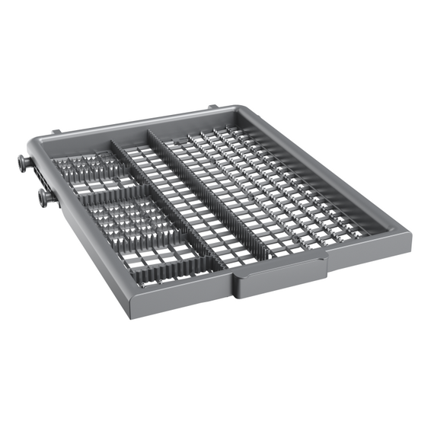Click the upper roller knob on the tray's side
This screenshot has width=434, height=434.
24,161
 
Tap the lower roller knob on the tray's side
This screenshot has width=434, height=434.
46,197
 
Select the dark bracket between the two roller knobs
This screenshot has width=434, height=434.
35,181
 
